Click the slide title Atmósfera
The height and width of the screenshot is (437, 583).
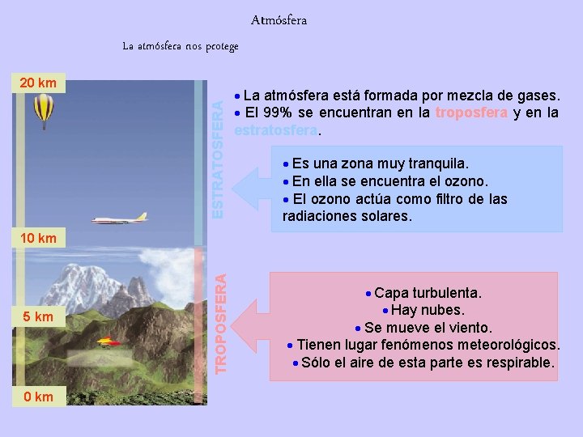tap(279, 19)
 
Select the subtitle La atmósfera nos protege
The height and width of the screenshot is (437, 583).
tap(181, 46)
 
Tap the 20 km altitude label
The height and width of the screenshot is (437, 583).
tap(38, 83)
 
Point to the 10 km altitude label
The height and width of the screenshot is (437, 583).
tap(38, 238)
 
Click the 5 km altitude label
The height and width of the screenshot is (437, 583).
tap(38, 316)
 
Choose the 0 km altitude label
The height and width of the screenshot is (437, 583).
tap(38, 396)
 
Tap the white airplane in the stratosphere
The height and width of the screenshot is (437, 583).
tap(120, 218)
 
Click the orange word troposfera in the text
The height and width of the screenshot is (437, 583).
tap(471, 112)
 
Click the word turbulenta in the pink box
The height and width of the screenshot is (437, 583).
tap(447, 291)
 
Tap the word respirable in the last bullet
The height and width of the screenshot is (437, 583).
tap(519, 362)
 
